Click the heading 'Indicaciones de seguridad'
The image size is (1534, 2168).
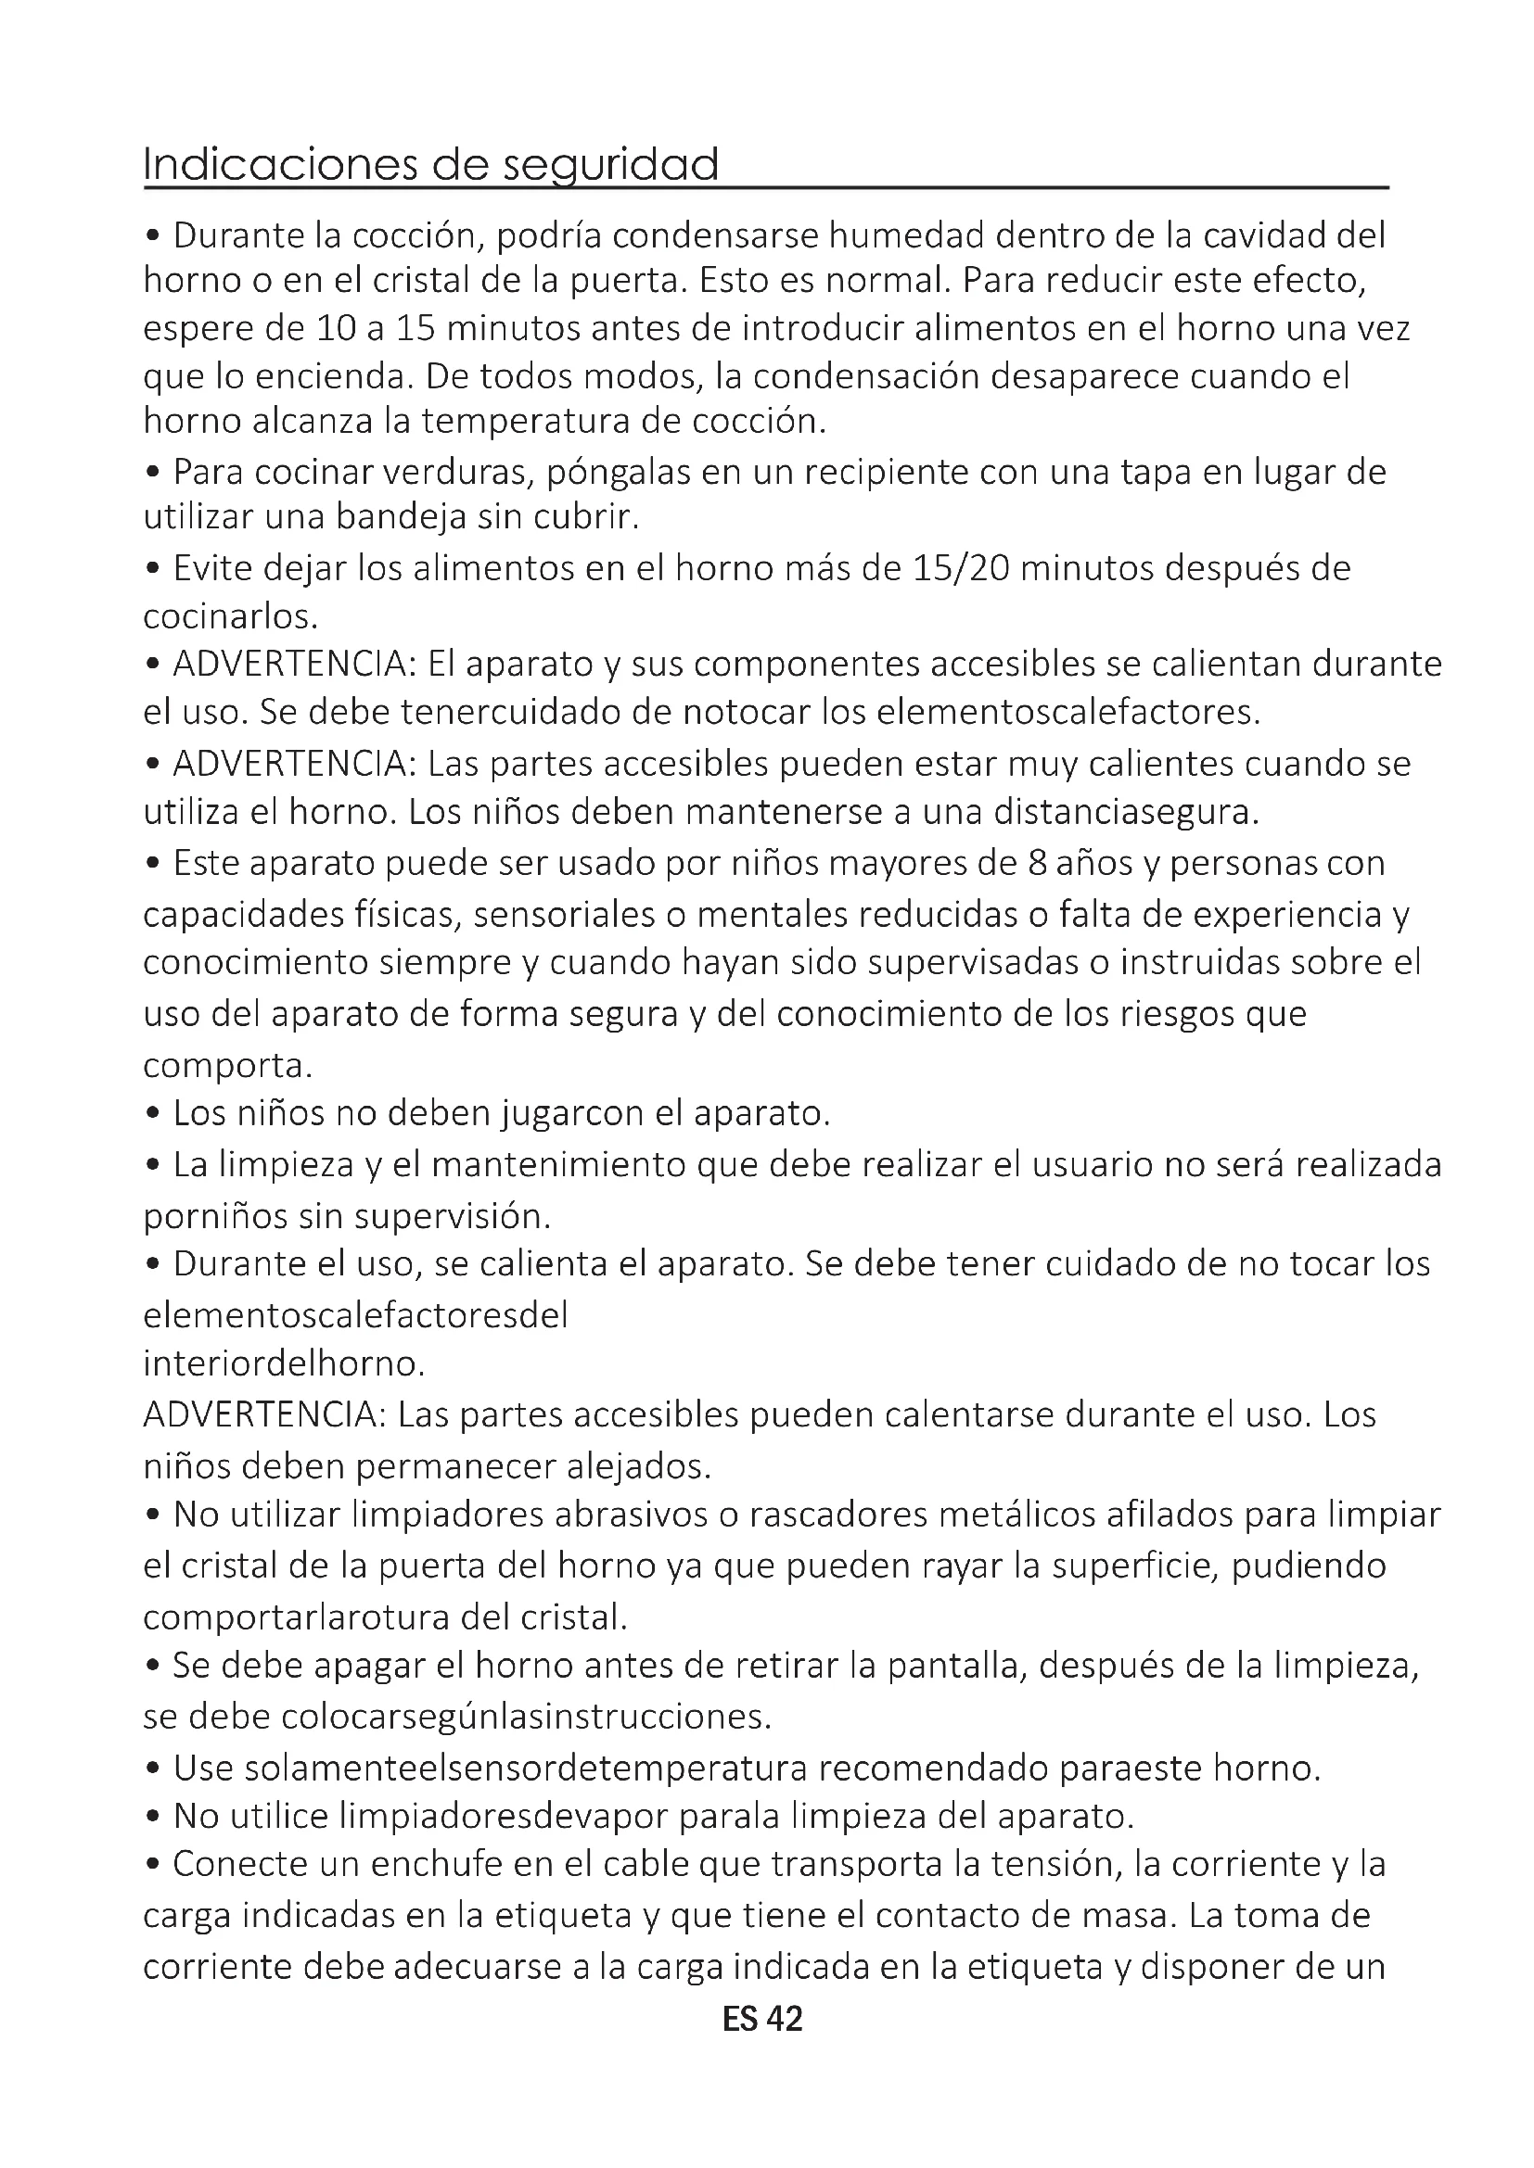click(430, 164)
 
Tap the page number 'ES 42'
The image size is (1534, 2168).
click(762, 2020)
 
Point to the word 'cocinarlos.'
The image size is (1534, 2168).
click(231, 616)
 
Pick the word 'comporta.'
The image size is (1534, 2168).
click(227, 1065)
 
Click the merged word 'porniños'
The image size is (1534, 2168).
click(214, 1216)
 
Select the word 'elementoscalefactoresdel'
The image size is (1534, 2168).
click(355, 1315)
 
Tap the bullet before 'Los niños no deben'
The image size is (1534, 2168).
click(153, 1115)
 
